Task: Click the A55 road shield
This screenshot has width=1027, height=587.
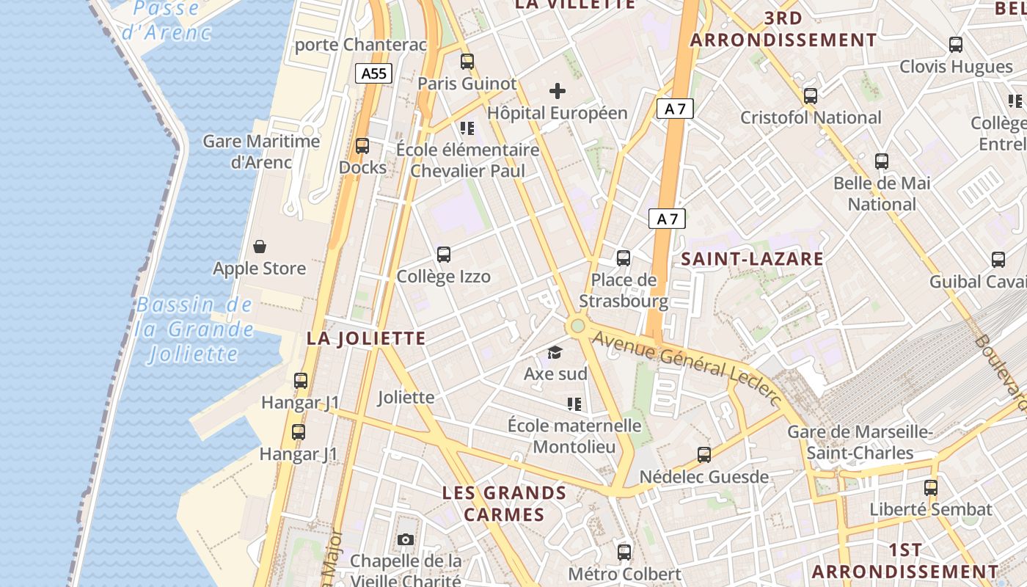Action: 374,73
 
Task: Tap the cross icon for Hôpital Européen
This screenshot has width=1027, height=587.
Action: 558,91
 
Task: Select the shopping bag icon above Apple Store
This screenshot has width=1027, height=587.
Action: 260,246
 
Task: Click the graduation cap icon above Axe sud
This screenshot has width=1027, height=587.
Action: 555,353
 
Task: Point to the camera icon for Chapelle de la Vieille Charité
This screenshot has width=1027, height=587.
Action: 406,540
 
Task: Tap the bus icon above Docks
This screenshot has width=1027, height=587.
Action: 362,145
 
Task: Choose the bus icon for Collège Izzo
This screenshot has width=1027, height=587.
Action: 444,255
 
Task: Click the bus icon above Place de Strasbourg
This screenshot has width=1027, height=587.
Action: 624,258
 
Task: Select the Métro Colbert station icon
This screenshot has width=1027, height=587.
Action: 624,552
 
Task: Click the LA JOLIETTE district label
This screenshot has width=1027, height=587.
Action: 366,338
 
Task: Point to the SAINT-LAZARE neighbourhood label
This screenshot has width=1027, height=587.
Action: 752,258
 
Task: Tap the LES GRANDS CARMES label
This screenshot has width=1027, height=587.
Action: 504,503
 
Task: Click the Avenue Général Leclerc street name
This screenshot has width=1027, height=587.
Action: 686,367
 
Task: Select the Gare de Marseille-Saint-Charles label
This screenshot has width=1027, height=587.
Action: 860,442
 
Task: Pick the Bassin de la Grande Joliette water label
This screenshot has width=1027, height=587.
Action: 194,330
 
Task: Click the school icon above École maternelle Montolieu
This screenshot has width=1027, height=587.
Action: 574,404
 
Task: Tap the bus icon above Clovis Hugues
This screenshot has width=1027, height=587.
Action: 956,45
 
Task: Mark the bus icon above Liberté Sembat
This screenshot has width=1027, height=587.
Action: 931,487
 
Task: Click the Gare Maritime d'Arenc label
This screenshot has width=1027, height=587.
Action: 261,152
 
